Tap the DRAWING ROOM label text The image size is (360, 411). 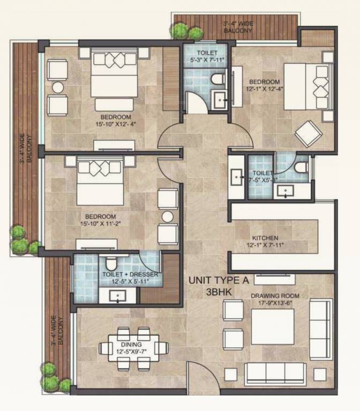pyautogui.click(x=277, y=295)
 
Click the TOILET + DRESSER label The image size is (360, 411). pyautogui.click(x=130, y=275)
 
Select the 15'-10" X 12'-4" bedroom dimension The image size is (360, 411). pyautogui.click(x=115, y=125)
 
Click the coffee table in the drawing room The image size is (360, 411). pyautogui.click(x=273, y=326)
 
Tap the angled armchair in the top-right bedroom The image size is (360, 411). pyautogui.click(x=308, y=133)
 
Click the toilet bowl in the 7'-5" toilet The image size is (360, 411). pyautogui.click(x=301, y=166)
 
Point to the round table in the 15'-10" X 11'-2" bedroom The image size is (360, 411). pyautogui.click(x=168, y=217)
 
